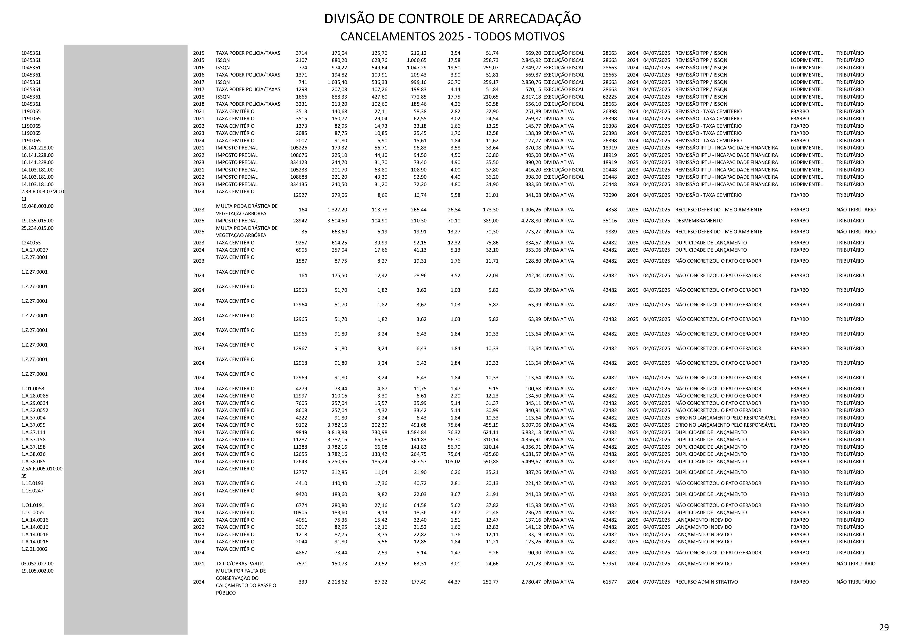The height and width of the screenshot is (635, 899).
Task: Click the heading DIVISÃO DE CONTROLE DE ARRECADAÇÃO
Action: (x=452, y=19)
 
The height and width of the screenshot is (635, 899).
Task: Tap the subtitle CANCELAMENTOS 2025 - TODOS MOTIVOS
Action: (x=452, y=37)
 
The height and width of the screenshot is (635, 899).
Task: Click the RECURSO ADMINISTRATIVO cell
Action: (x=706, y=582)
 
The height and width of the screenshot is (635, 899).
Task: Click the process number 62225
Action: (x=610, y=97)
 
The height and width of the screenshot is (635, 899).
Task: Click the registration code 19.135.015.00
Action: (x=38, y=221)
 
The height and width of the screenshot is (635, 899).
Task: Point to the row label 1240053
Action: (x=31, y=243)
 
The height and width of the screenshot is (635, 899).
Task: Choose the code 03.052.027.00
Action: (x=38, y=564)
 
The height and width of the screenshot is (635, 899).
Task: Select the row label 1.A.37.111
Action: (x=33, y=432)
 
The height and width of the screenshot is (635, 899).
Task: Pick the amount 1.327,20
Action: (x=337, y=210)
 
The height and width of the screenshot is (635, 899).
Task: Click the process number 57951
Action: (x=610, y=564)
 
